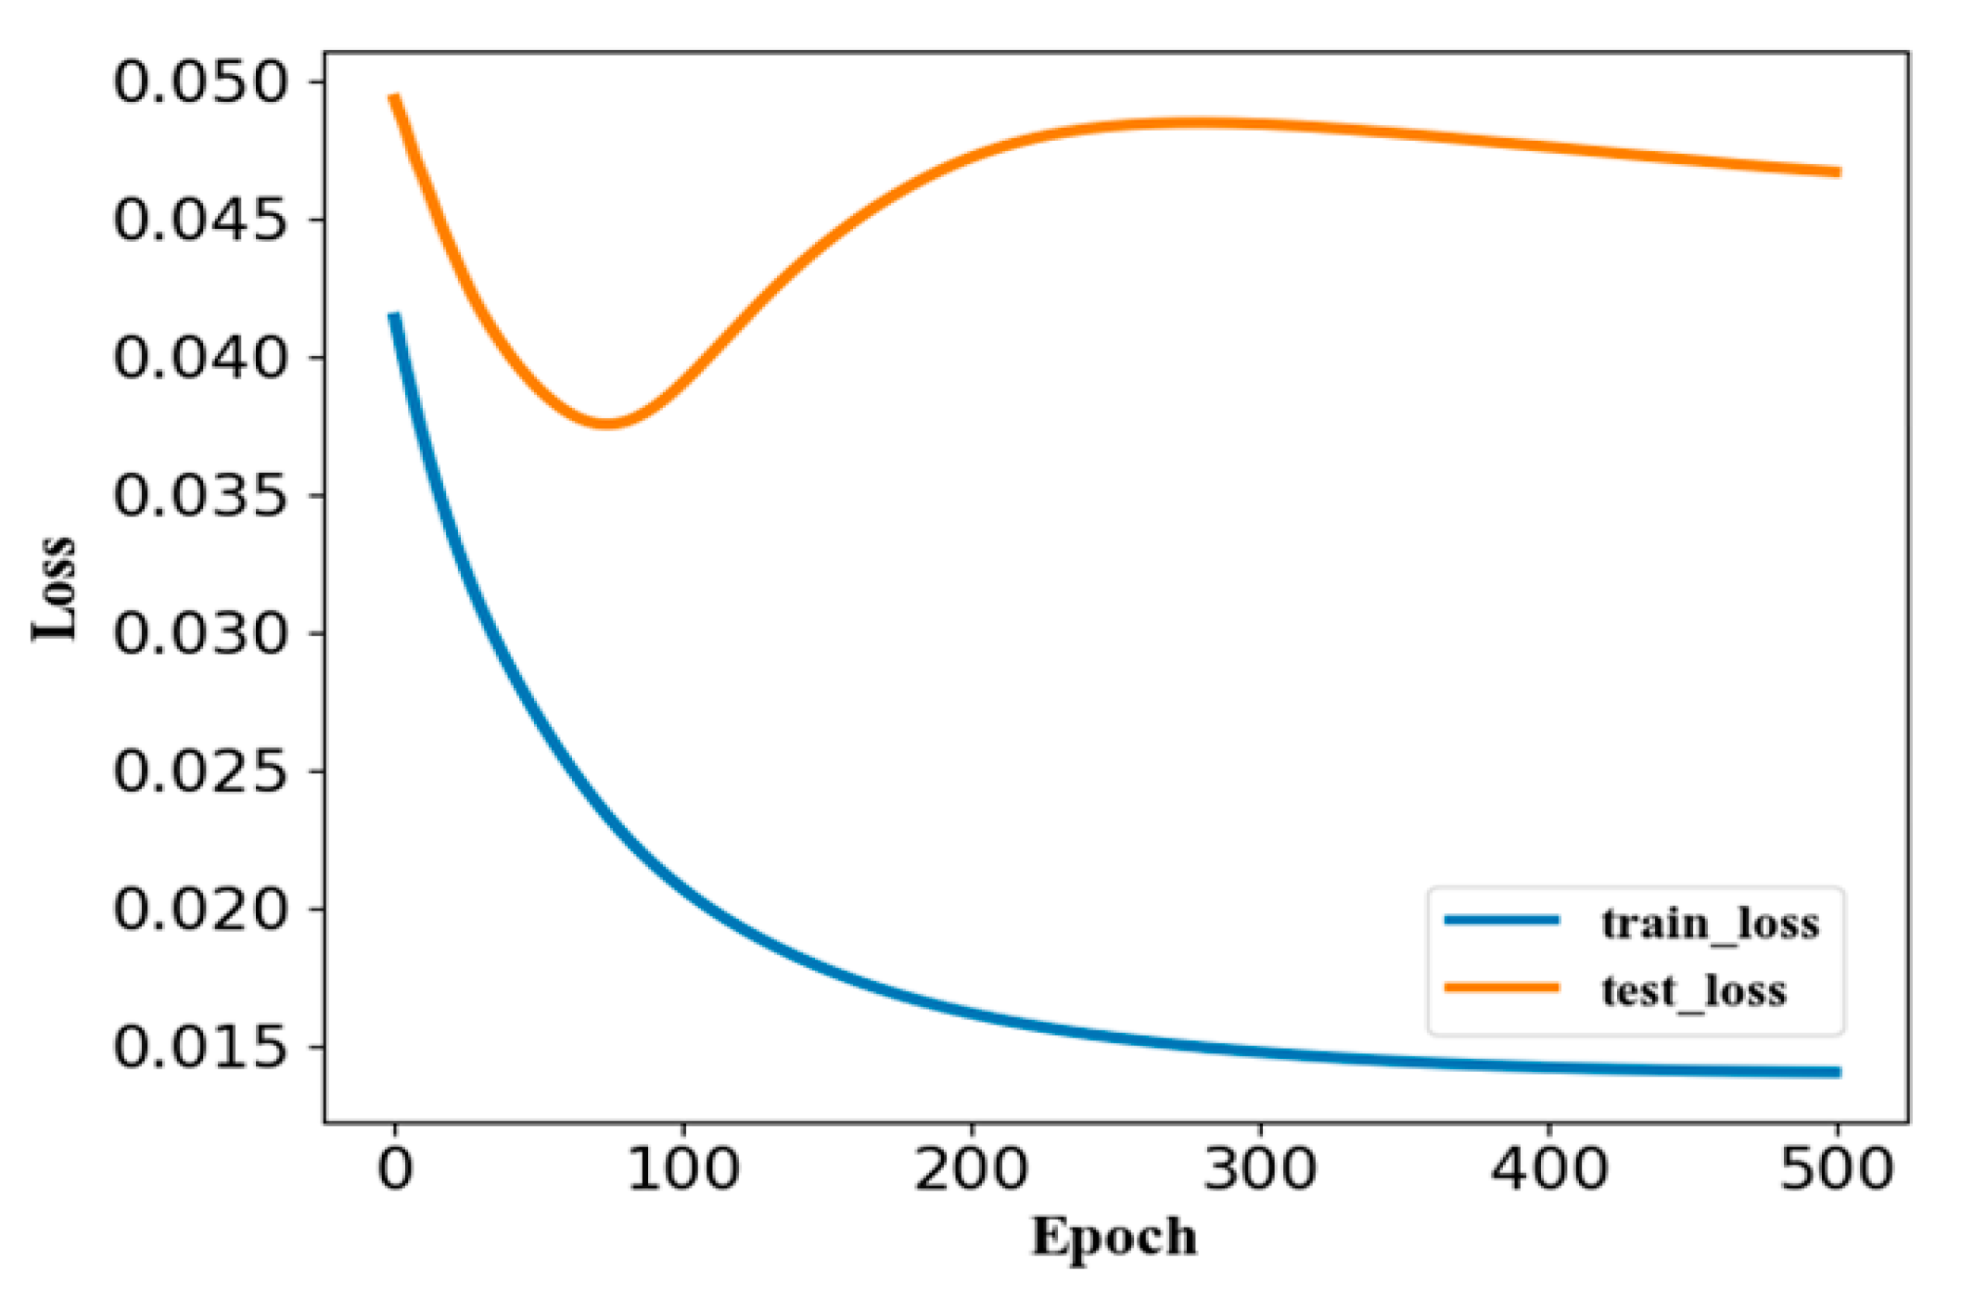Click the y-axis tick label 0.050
point(199,83)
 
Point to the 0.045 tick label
point(199,221)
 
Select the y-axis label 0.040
point(199,358)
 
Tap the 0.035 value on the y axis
point(199,496)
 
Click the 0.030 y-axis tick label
point(199,633)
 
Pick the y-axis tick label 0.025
point(199,771)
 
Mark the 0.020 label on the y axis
point(199,909)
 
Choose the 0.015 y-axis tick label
point(199,1047)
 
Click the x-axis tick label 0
point(395,1168)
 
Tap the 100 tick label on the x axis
point(683,1168)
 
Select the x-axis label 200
point(972,1168)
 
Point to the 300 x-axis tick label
point(1260,1168)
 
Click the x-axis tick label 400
point(1549,1168)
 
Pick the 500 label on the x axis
point(1837,1168)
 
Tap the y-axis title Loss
point(54,588)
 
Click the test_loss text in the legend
point(1694,990)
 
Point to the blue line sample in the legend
point(1502,921)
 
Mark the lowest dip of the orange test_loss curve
point(607,424)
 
